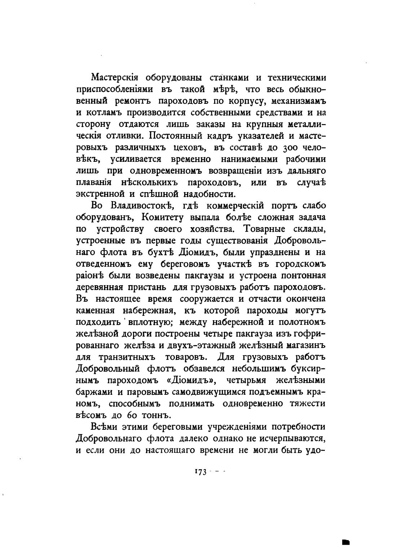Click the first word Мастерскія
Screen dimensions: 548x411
point(115,78)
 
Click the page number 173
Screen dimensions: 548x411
point(200,472)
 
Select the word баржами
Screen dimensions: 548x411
point(93,392)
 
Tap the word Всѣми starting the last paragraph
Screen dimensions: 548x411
point(103,427)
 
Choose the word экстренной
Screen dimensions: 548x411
point(100,194)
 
